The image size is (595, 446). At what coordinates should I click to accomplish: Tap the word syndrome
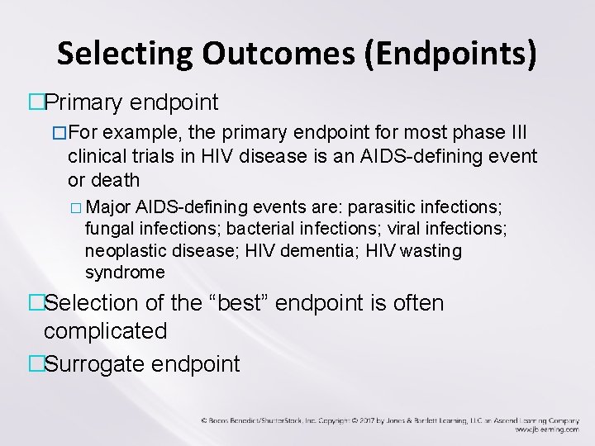(x=125, y=272)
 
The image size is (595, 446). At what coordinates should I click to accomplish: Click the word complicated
(x=105, y=331)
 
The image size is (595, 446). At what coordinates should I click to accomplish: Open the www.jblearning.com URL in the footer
(x=546, y=429)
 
